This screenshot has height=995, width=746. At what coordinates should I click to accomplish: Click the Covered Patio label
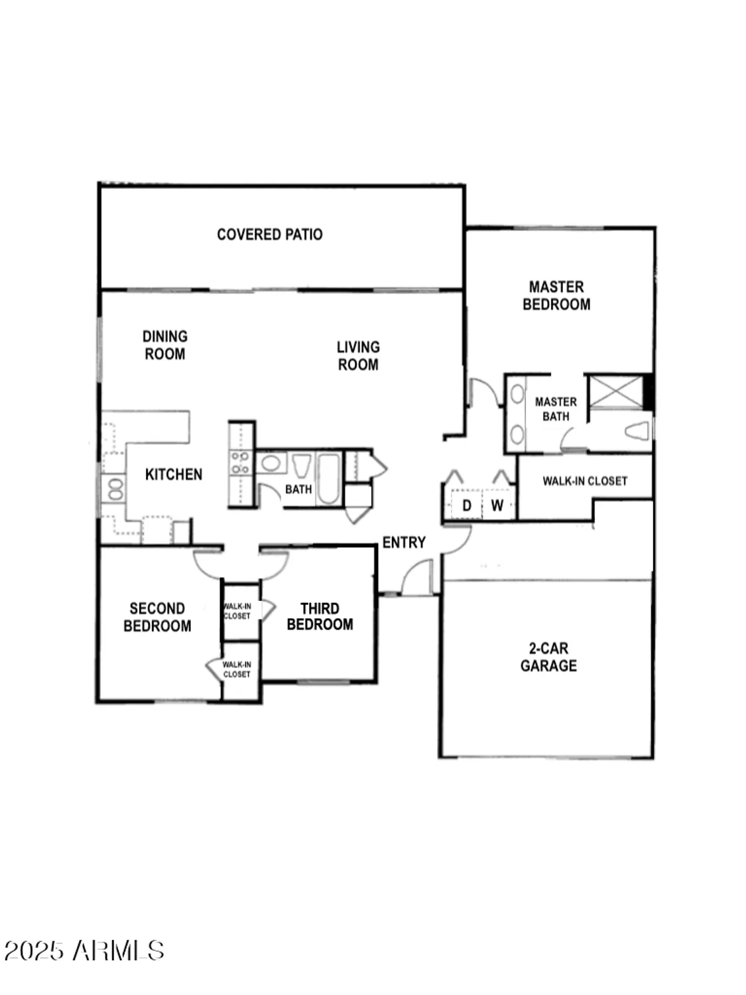pyautogui.click(x=269, y=234)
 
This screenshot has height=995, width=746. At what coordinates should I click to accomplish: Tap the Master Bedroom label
pyautogui.click(x=556, y=296)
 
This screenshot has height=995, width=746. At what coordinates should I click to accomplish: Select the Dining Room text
pyautogui.click(x=165, y=345)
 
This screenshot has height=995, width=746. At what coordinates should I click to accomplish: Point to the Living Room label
pyautogui.click(x=358, y=356)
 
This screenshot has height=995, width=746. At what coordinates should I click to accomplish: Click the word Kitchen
pyautogui.click(x=174, y=474)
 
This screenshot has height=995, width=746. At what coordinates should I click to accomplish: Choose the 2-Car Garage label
pyautogui.click(x=548, y=657)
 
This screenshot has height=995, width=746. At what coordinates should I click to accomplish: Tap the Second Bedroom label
pyautogui.click(x=157, y=618)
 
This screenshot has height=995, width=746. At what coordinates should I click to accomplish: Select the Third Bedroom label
pyautogui.click(x=320, y=617)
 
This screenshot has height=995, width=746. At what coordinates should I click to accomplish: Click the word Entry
pyautogui.click(x=404, y=543)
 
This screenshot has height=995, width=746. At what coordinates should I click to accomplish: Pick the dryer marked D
pyautogui.click(x=467, y=505)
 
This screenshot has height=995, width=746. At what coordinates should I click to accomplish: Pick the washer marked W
pyautogui.click(x=497, y=505)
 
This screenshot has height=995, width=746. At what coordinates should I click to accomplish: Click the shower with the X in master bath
pyautogui.click(x=616, y=391)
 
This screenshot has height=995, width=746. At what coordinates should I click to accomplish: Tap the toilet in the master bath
pyautogui.click(x=637, y=431)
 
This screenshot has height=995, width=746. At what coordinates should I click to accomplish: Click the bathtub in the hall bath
pyautogui.click(x=328, y=479)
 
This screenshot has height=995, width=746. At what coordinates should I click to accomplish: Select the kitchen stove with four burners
pyautogui.click(x=241, y=462)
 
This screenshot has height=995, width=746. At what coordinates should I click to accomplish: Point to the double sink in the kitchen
pyautogui.click(x=115, y=490)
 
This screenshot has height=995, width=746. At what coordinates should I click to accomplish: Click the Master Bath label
pyautogui.click(x=556, y=409)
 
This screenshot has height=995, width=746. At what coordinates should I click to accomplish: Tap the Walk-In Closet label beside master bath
pyautogui.click(x=585, y=481)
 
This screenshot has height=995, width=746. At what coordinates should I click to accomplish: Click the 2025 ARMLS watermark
pyautogui.click(x=84, y=951)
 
